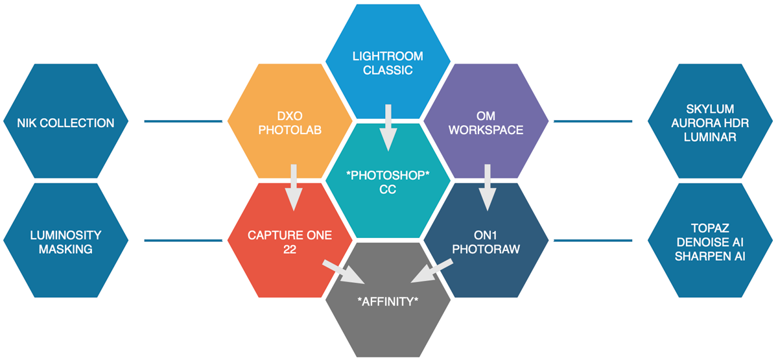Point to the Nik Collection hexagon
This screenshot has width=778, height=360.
pos(67,122)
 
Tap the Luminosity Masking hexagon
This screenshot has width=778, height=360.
pos(67,241)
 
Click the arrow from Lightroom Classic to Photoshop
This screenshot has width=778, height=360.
pos(388,126)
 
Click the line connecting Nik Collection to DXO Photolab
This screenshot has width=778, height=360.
pos(184,121)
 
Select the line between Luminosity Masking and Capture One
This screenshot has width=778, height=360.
pos(184,241)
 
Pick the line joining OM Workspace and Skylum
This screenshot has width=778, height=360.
pos(593,121)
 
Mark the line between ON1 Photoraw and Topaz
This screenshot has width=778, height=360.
pos(593,241)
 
